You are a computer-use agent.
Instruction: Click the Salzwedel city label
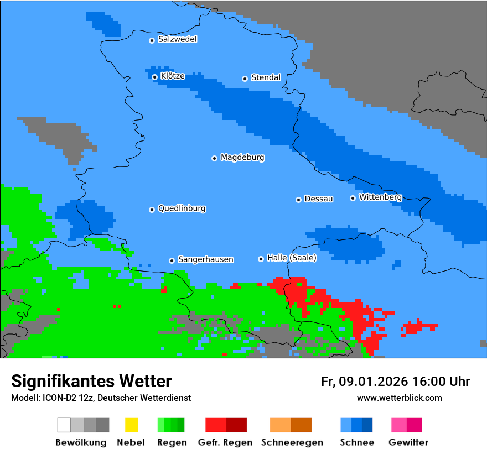pos(177,39)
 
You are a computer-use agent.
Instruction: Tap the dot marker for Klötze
pos(155,77)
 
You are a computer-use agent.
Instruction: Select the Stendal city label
pos(266,77)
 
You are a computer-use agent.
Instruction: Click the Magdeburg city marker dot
pos(214,158)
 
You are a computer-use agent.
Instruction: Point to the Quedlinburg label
pos(182,208)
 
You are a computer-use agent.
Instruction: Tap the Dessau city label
pos(319,199)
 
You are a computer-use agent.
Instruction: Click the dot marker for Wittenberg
pos(353,198)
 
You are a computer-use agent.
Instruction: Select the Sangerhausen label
pos(205,259)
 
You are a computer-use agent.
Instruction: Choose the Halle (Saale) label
pos(292,258)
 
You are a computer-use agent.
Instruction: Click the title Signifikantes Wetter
pos(91,381)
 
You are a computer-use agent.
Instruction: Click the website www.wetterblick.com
pos(399,398)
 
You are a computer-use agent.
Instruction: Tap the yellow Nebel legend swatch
pos(131,425)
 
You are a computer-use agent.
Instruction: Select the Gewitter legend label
pos(408,442)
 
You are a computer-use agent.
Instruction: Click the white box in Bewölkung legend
pos(64,425)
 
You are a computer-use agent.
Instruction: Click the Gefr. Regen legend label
pos(225,442)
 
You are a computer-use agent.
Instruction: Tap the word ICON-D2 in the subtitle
pos(58,398)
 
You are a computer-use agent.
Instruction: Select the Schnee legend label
pos(356,442)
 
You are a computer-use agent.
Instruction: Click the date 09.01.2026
pos(373,382)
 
